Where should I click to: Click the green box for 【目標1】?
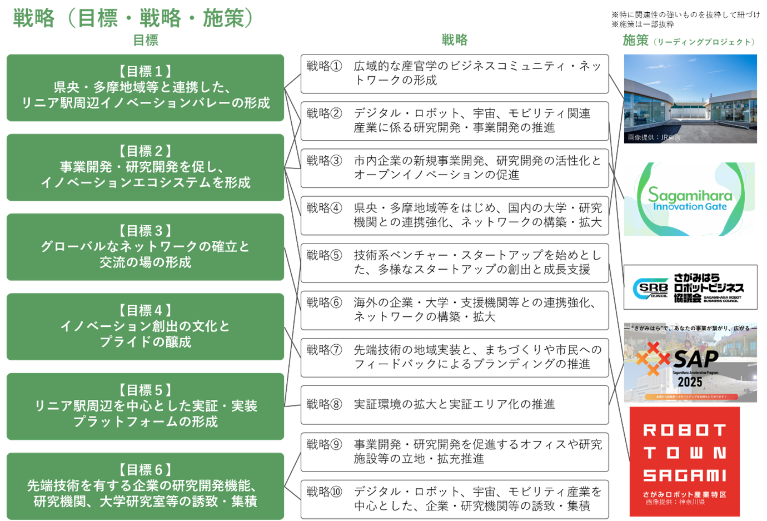point(145,87)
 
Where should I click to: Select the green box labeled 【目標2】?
point(145,167)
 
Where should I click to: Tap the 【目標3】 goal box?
point(145,246)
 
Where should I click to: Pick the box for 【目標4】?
point(145,326)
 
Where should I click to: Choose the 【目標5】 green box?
point(145,406)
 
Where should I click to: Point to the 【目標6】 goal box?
point(145,485)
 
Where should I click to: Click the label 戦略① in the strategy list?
point(325,66)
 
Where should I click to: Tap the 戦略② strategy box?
point(454,121)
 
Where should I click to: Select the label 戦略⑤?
point(325,255)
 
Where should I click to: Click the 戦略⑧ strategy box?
point(454,404)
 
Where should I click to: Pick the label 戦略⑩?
point(325,492)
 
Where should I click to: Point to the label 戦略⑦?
point(325,350)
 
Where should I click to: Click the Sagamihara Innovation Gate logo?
point(689,199)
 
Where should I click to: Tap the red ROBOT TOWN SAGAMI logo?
point(684,462)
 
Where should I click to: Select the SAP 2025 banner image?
point(690,362)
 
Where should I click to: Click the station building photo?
point(690,98)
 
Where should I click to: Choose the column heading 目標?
point(146,40)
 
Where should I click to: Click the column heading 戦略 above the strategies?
point(455,40)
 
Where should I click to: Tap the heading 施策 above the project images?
point(635,40)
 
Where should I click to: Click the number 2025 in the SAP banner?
point(690,382)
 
